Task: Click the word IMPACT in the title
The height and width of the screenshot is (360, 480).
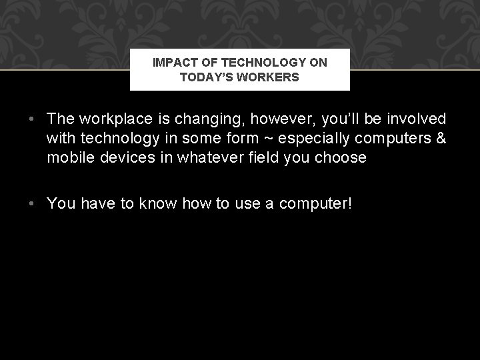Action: click(172, 63)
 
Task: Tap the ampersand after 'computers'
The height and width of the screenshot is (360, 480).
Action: click(440, 138)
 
